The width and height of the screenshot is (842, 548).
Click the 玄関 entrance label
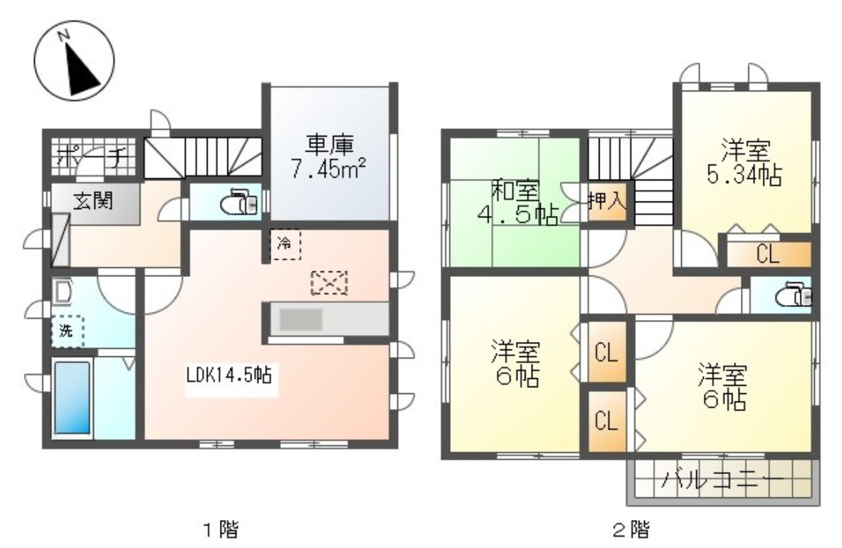point(94,202)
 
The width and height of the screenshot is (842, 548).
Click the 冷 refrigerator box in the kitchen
point(285,244)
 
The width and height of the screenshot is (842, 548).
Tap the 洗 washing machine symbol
point(67,330)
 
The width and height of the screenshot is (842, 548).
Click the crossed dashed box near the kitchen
point(328,283)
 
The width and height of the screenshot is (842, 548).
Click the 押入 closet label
point(606,201)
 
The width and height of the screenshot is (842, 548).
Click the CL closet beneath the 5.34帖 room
point(768,254)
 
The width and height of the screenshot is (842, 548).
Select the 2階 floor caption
point(629,528)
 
